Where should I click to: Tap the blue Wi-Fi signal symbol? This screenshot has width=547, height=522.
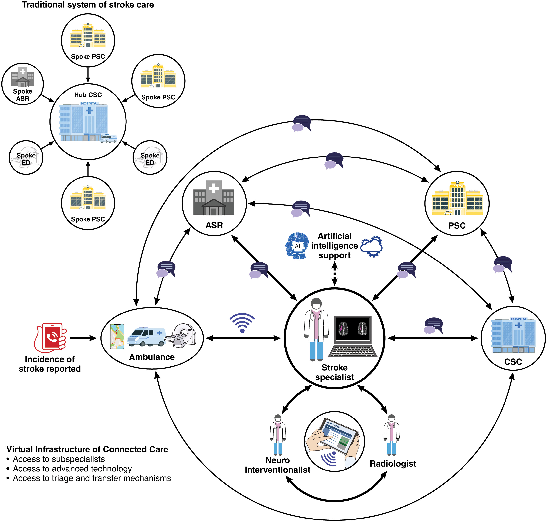242,323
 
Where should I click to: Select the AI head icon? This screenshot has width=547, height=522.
297,246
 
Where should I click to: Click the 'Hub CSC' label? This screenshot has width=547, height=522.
88,95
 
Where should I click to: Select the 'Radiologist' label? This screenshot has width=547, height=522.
393,464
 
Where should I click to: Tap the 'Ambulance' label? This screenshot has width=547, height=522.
152,357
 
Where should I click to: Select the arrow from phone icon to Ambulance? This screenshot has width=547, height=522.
83,338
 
